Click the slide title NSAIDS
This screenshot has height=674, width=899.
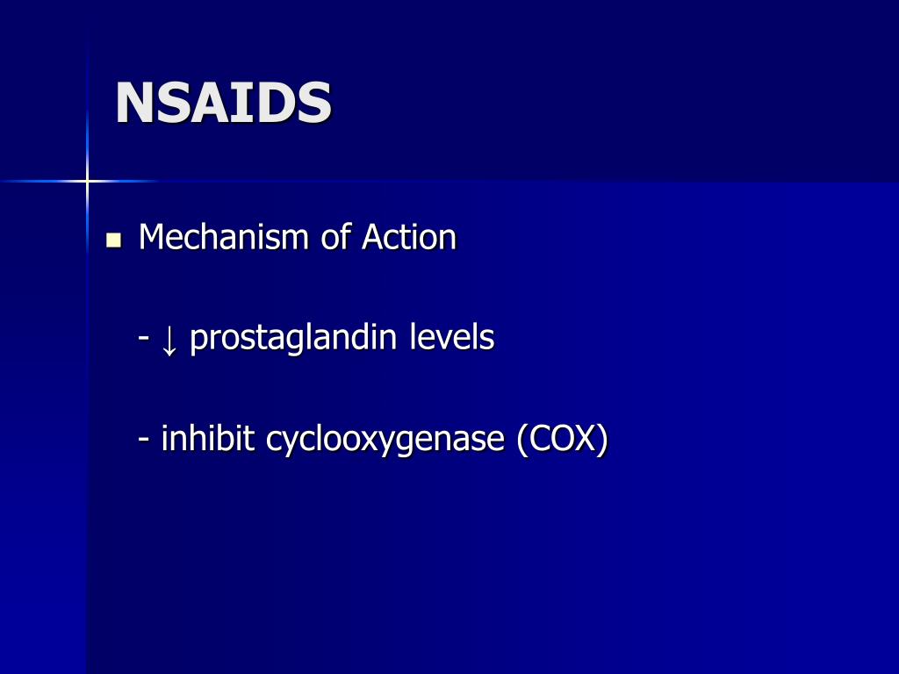(223, 104)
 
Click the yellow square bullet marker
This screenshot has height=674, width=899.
(112, 240)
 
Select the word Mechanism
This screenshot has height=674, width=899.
(222, 238)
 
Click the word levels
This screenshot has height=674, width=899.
(452, 338)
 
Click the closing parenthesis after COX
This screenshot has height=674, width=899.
(602, 440)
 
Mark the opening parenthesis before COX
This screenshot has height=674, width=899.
(522, 440)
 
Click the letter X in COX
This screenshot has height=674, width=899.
(584, 439)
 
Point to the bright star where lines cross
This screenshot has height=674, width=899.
(87, 182)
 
